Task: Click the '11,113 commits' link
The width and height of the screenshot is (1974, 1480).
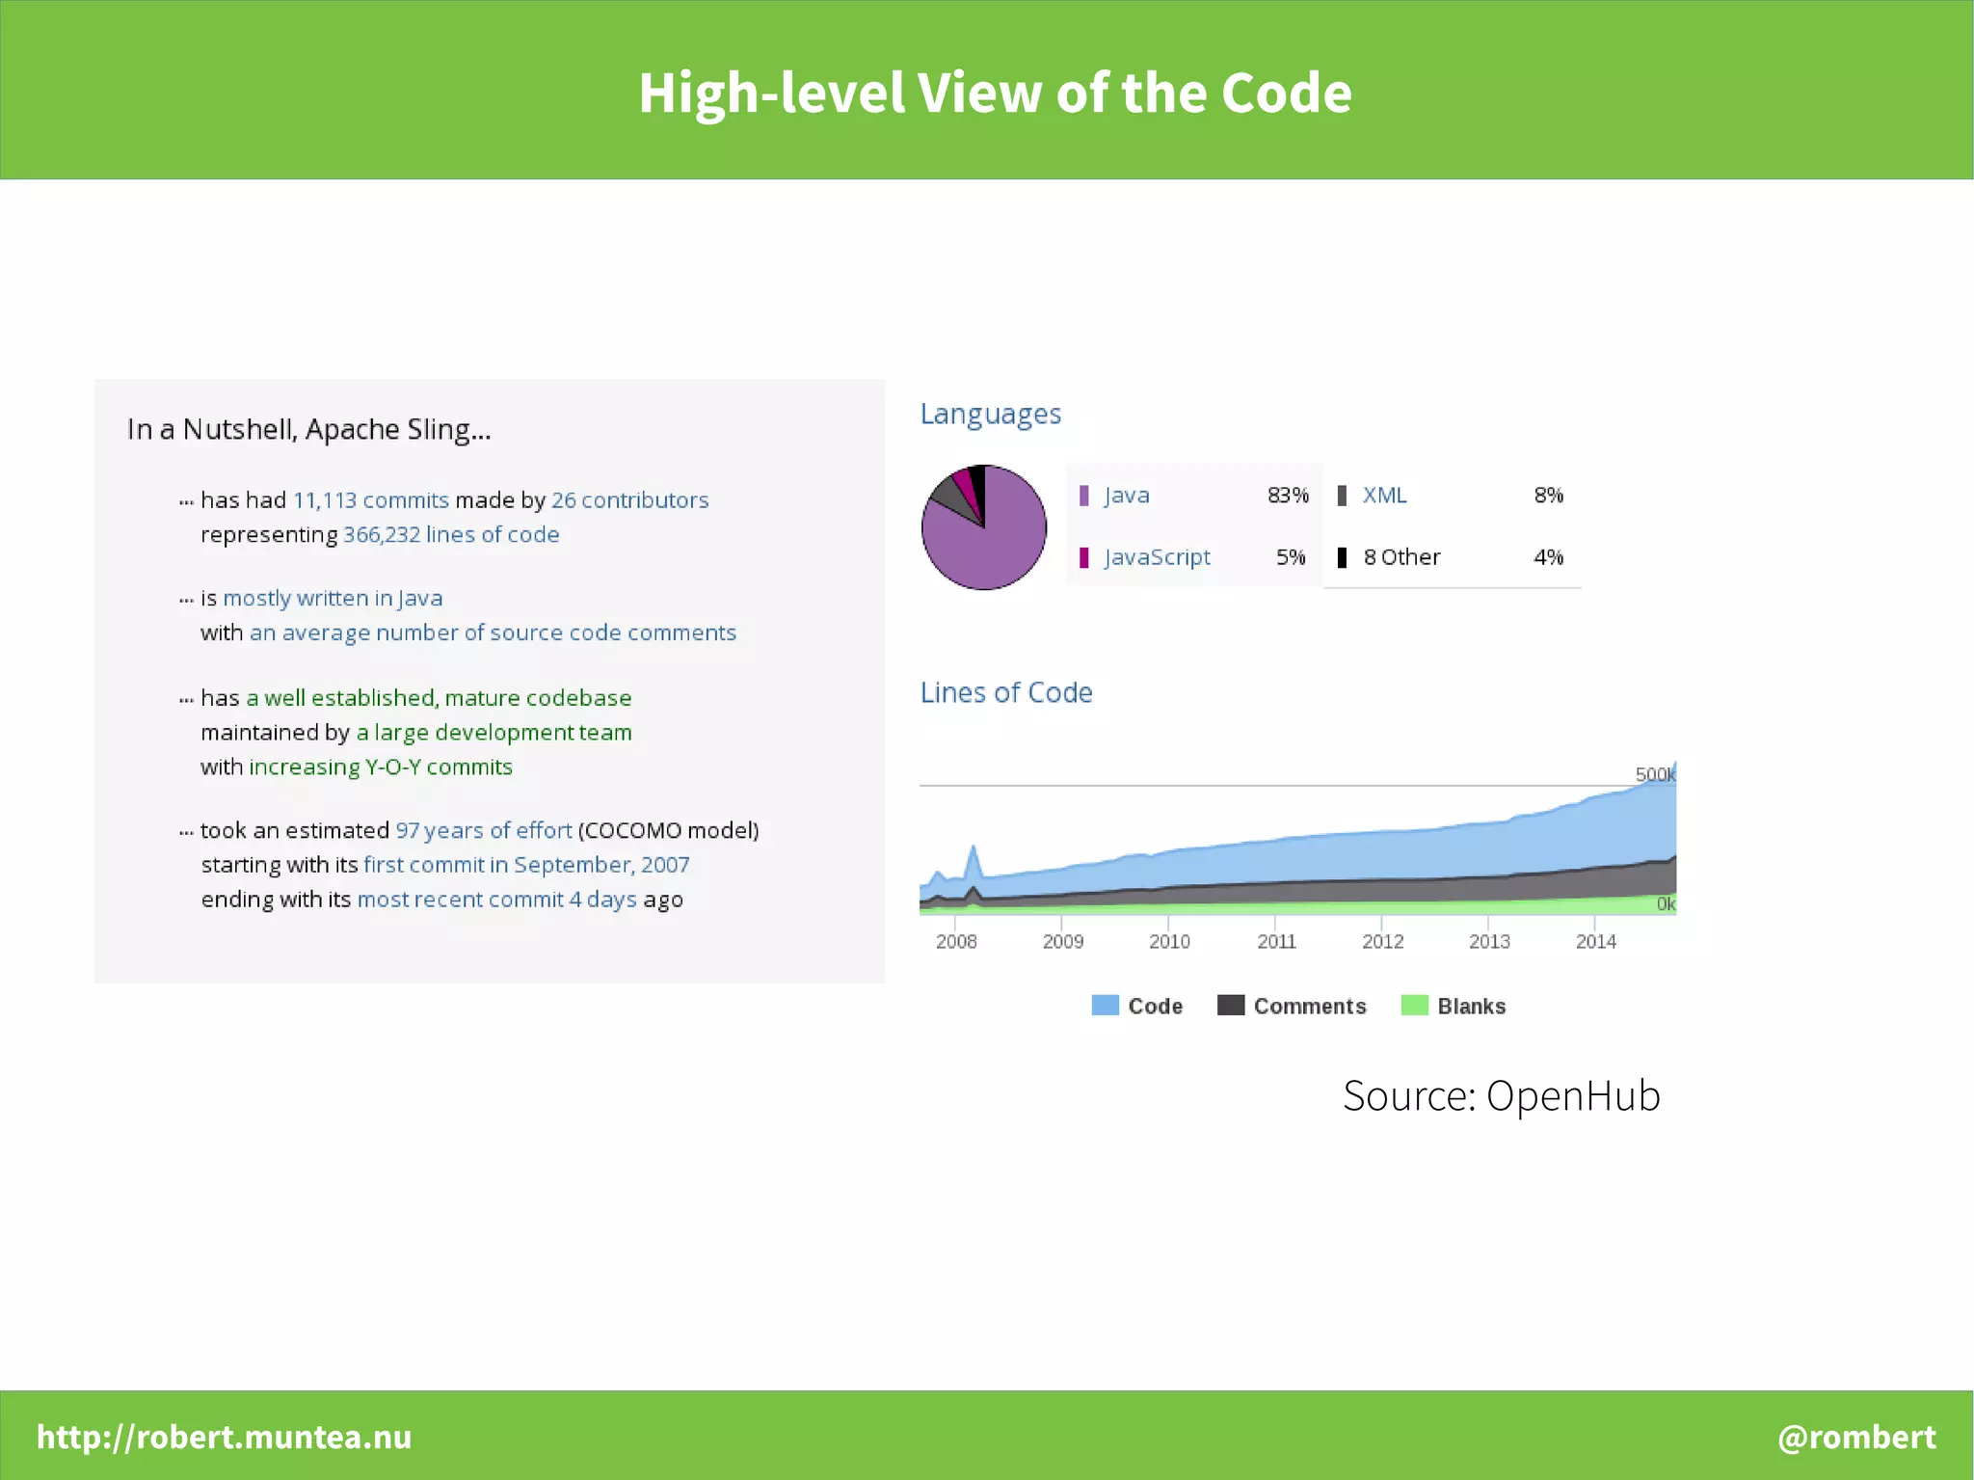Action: [x=371, y=500]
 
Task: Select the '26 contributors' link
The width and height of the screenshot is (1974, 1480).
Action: [x=629, y=500]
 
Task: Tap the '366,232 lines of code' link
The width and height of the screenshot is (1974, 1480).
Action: [x=451, y=534]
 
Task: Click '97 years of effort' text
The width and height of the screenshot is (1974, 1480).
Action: [x=484, y=830]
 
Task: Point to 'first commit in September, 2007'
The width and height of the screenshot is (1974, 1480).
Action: [x=526, y=865]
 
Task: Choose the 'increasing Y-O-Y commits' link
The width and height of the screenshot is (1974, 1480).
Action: [x=381, y=767]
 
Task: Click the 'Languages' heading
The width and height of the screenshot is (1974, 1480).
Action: [x=990, y=414]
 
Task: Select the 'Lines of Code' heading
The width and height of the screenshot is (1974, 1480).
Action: [x=1006, y=692]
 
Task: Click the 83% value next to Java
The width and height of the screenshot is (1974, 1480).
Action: [x=1288, y=496]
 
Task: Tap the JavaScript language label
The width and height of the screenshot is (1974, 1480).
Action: [x=1157, y=557]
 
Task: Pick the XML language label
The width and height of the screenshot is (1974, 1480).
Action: [x=1384, y=496]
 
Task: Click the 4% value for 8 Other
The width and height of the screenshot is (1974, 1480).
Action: [x=1548, y=557]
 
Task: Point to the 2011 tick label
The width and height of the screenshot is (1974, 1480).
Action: [x=1276, y=942]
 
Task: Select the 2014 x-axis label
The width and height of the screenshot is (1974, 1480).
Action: [x=1595, y=942]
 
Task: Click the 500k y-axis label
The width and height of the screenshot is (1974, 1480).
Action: [x=1654, y=774]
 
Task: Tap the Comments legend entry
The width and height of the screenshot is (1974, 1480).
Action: [x=1309, y=1007]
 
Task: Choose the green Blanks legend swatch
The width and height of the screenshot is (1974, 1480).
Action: [x=1414, y=1006]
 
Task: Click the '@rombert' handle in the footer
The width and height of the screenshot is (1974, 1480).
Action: [x=1856, y=1437]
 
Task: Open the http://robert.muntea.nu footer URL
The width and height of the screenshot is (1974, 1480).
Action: [x=224, y=1437]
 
